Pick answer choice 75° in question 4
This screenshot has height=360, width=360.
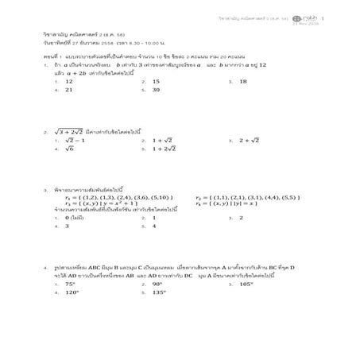(x=71, y=283)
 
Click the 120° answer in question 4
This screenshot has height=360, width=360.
(x=72, y=292)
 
